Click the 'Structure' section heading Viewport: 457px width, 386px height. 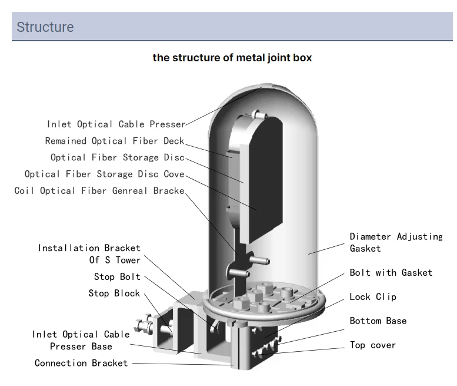click(x=45, y=27)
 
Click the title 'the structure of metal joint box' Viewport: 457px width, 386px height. click(x=232, y=58)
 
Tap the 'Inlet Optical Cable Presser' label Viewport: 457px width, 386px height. click(x=116, y=124)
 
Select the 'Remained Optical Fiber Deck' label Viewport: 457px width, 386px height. click(x=115, y=141)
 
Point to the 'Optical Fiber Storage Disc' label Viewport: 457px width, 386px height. click(x=117, y=157)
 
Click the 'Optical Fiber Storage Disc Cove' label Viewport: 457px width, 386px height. click(x=104, y=174)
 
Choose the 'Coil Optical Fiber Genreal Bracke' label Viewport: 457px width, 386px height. click(x=99, y=190)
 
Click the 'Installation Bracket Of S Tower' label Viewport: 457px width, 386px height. click(x=89, y=254)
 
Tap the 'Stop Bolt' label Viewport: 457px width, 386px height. click(x=117, y=276)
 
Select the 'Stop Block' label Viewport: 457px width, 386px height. click(x=114, y=293)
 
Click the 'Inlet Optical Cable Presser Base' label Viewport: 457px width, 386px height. click(x=81, y=340)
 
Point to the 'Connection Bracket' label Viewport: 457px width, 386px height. click(x=81, y=363)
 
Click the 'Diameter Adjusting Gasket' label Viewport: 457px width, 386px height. click(x=396, y=242)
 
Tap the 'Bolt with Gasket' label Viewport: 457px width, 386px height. click(x=391, y=272)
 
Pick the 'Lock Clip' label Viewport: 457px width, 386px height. click(x=373, y=296)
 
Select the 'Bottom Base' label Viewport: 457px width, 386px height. click(x=378, y=321)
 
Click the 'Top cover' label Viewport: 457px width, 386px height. click(x=373, y=345)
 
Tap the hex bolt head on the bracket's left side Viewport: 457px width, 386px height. click(x=141, y=325)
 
